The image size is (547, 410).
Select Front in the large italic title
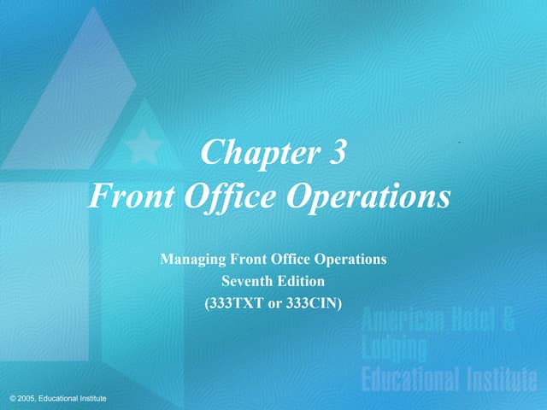[128, 197]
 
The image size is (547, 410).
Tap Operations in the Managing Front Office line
[350, 260]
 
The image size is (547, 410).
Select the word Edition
[301, 280]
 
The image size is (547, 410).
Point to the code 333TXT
[235, 301]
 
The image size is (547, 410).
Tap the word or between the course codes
[274, 302]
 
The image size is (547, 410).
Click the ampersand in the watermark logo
[508, 321]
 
